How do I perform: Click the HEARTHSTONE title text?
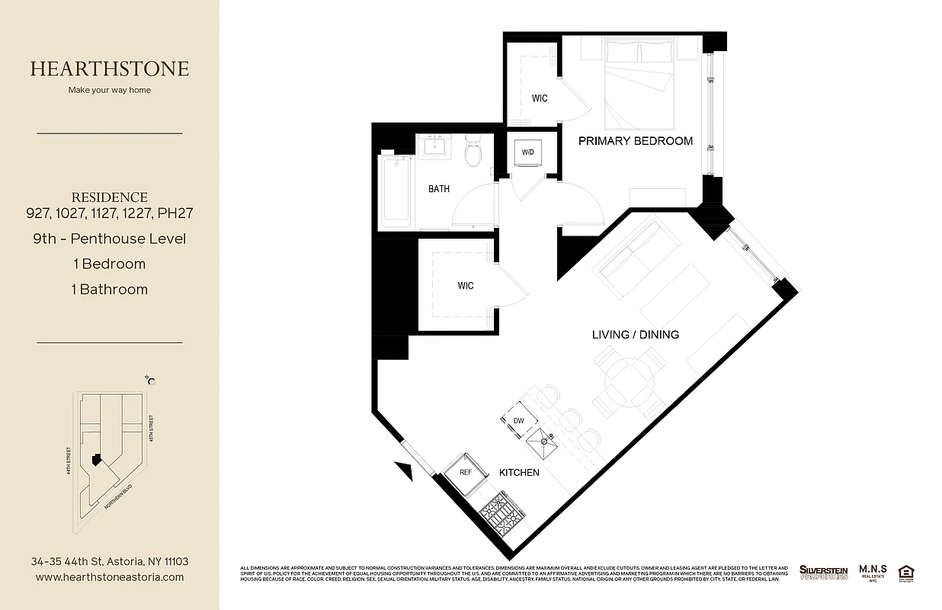click(110, 69)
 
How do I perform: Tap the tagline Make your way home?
click(110, 90)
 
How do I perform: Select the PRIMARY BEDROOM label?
click(635, 140)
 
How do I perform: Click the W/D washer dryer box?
click(528, 151)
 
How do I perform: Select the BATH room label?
click(438, 189)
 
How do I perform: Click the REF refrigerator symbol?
click(466, 472)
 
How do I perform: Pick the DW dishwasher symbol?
click(518, 420)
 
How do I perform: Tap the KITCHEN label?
click(519, 473)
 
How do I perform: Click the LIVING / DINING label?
click(635, 335)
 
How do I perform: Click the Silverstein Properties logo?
click(823, 572)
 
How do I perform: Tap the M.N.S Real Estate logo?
click(872, 572)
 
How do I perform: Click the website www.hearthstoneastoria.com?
click(110, 577)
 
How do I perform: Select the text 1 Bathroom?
click(110, 290)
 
